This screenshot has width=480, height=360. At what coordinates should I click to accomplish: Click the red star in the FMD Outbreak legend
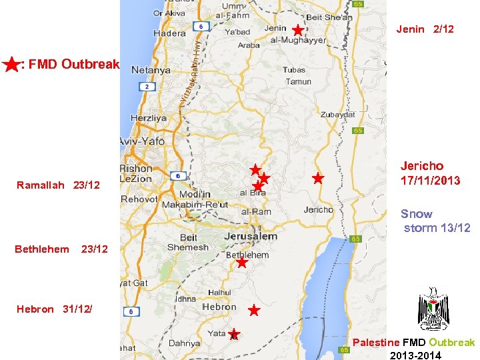(x=11, y=65)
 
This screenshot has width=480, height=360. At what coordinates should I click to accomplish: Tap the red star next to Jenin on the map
(x=297, y=30)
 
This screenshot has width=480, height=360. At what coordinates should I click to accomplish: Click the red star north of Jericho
(x=318, y=179)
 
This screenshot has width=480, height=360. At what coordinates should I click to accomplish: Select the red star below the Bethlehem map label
(x=242, y=263)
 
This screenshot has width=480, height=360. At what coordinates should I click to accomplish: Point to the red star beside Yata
(x=234, y=333)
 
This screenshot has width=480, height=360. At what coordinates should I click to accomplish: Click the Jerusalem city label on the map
(x=251, y=237)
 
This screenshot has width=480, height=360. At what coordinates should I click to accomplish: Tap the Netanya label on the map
(x=151, y=69)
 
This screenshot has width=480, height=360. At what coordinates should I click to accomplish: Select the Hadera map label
(x=169, y=33)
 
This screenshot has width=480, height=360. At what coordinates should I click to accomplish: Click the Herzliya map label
(x=149, y=118)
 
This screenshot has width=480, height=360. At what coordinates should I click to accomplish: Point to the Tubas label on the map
(x=294, y=70)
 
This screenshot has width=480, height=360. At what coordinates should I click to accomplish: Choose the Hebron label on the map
(x=219, y=307)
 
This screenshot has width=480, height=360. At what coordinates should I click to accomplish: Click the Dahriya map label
(x=184, y=343)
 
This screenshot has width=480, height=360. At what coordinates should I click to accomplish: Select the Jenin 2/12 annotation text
(x=425, y=29)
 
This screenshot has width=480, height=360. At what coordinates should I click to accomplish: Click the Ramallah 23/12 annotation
(x=58, y=185)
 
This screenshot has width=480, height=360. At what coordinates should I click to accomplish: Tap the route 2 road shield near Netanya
(x=145, y=87)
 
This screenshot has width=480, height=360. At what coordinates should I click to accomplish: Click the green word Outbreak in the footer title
(x=451, y=343)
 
